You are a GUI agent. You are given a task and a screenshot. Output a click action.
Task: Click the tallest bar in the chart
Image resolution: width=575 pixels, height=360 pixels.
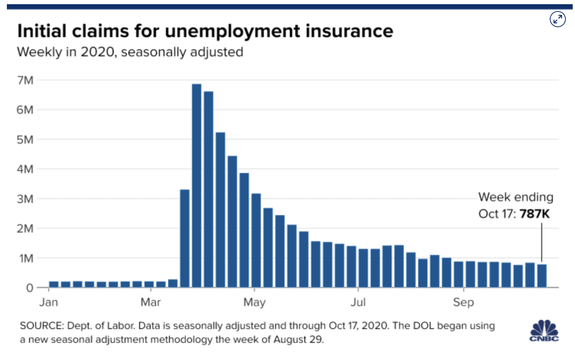pyautogui.click(x=197, y=185)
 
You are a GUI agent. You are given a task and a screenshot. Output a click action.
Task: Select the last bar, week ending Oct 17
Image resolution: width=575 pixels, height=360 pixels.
pyautogui.click(x=542, y=276)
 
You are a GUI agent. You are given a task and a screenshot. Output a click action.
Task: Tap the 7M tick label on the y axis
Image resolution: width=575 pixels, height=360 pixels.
pyautogui.click(x=25, y=80)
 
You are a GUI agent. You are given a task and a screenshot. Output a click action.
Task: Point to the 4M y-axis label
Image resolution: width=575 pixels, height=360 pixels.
pyautogui.click(x=25, y=169)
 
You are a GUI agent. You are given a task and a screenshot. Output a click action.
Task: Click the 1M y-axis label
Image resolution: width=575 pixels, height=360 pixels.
pyautogui.click(x=26, y=258)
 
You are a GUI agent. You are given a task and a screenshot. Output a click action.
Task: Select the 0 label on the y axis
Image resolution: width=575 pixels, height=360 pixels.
pyautogui.click(x=29, y=288)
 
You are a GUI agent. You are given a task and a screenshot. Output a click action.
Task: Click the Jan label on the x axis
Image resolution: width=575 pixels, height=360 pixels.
pyautogui.click(x=49, y=302)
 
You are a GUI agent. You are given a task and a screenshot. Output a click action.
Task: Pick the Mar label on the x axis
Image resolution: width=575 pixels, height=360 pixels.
pyautogui.click(x=151, y=302)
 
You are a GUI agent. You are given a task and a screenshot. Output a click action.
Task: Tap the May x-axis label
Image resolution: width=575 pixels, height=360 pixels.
pyautogui.click(x=254, y=303)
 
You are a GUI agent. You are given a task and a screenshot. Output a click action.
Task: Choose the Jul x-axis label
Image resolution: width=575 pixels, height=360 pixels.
pyautogui.click(x=358, y=302)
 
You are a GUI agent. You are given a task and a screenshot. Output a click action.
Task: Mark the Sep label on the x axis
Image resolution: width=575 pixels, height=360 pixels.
pyautogui.click(x=463, y=303)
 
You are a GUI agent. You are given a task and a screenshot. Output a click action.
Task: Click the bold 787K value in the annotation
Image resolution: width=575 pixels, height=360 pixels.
pyautogui.click(x=534, y=214)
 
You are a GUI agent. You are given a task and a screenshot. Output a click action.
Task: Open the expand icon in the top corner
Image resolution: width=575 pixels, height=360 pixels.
pyautogui.click(x=558, y=19)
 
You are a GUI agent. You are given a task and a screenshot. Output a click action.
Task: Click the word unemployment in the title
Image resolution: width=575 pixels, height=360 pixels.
pyautogui.click(x=232, y=31)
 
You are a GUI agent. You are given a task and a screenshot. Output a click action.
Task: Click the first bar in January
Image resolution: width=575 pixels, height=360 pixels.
pyautogui.click(x=54, y=284)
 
